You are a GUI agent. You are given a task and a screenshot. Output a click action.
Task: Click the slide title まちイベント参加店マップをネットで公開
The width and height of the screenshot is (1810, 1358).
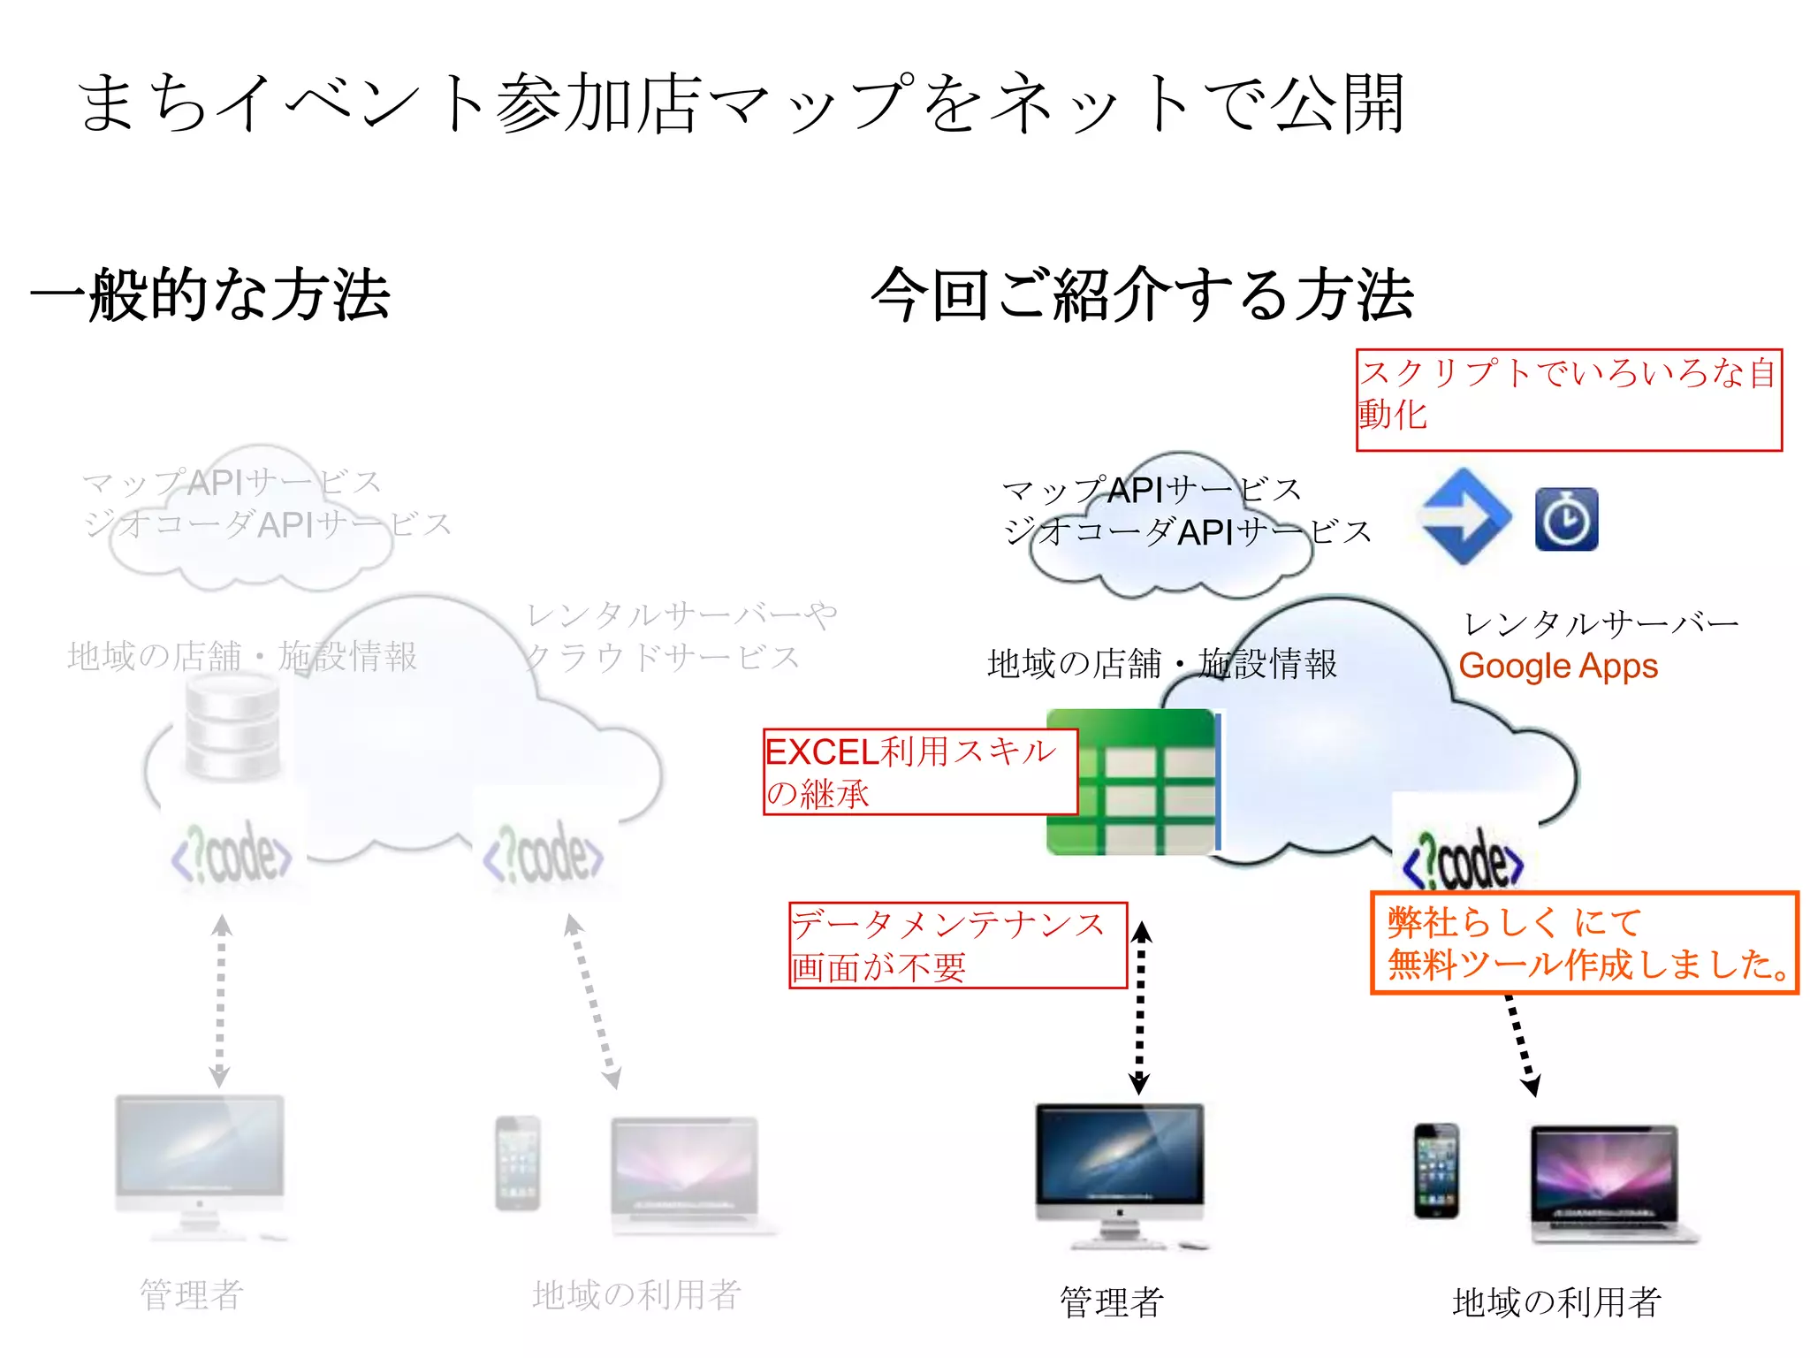741,103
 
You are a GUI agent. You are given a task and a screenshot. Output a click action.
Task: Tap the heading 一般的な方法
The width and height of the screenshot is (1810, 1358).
210,294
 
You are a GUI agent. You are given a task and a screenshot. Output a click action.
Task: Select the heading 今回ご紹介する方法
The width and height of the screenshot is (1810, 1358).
1142,294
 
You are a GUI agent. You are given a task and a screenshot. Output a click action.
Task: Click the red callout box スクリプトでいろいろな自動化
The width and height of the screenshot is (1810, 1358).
1569,400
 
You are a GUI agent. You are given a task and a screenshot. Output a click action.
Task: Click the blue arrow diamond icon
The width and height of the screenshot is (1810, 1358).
1464,517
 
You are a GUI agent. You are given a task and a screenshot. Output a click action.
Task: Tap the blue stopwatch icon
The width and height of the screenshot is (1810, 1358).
1566,519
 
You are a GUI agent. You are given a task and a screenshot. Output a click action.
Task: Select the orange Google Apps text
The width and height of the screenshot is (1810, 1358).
1557,666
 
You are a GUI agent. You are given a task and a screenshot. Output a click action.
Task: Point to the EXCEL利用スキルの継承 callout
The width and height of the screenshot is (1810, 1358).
919,771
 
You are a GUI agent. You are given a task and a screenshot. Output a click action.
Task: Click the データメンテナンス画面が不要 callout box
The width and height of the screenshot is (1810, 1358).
957,944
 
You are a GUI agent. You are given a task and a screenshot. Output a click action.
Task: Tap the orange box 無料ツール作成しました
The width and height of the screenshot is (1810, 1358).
1584,942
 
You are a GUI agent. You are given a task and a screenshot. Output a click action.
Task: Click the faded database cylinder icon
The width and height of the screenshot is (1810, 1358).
233,728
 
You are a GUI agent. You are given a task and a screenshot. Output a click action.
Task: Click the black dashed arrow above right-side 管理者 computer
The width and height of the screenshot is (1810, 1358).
1140,1008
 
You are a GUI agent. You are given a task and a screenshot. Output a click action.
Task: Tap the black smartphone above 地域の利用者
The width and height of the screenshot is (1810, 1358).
1436,1171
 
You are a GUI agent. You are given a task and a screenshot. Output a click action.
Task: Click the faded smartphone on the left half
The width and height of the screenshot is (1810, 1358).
518,1163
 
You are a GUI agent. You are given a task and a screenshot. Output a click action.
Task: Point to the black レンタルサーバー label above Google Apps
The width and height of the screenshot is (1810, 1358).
1600,624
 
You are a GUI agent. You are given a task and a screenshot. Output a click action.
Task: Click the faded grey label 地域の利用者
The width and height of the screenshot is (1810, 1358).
636,1294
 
